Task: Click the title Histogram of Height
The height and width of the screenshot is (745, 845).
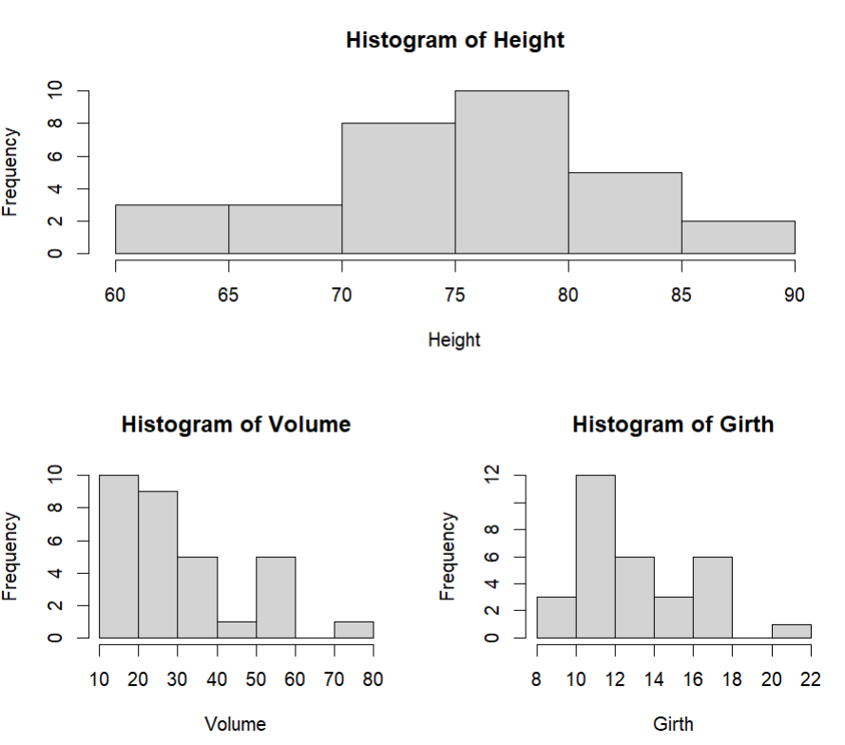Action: click(454, 41)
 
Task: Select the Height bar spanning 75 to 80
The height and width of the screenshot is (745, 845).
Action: click(511, 172)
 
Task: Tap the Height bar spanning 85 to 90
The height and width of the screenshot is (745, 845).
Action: click(738, 237)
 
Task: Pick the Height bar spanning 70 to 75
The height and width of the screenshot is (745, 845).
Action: click(398, 188)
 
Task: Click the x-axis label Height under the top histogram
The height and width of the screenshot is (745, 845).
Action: click(454, 339)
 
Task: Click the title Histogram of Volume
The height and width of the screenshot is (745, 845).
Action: click(236, 425)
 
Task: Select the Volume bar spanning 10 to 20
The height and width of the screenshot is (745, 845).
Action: click(119, 556)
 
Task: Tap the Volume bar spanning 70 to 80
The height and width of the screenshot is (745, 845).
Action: click(354, 629)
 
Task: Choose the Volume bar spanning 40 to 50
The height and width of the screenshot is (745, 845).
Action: click(237, 629)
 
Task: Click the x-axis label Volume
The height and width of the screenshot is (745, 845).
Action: click(236, 724)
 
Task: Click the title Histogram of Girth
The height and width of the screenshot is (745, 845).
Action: click(673, 425)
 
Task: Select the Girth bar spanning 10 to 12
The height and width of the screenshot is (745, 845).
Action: click(595, 556)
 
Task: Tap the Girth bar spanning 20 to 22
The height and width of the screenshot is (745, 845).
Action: click(791, 631)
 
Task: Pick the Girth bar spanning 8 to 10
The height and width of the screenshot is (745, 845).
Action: click(556, 618)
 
